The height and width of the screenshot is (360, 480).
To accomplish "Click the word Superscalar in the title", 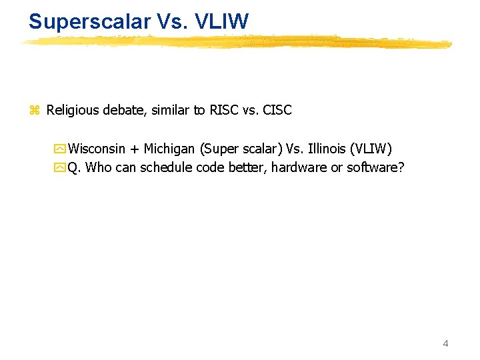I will click(x=90, y=21).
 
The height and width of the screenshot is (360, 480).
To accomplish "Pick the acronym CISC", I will click(x=277, y=110).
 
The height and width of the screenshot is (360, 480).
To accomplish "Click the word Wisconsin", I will click(x=97, y=148).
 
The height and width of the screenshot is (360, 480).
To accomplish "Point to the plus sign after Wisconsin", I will click(x=134, y=149).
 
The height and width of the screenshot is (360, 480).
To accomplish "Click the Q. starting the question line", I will click(x=75, y=167).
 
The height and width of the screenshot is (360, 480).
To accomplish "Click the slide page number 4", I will click(x=445, y=343).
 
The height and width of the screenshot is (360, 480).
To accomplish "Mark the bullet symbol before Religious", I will click(x=35, y=111).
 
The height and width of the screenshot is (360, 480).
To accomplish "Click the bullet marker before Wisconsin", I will click(x=61, y=149).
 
